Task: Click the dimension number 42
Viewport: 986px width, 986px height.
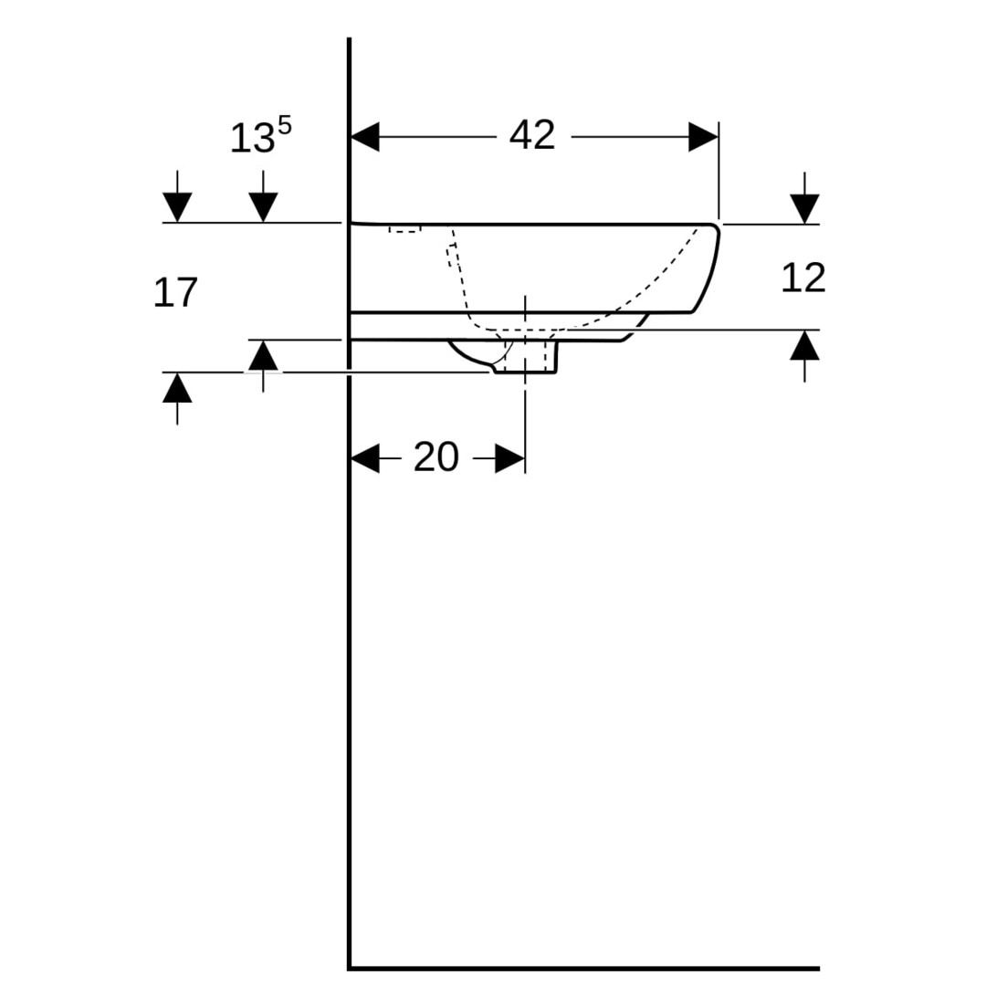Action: click(532, 135)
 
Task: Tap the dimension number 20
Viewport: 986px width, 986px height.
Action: click(435, 457)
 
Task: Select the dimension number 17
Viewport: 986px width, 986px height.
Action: click(175, 292)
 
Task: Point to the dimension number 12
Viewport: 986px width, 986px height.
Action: click(803, 278)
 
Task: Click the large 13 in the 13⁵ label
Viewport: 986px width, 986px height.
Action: click(252, 139)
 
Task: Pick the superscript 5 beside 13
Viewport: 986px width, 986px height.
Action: click(284, 126)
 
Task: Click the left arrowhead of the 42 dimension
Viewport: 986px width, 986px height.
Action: click(364, 137)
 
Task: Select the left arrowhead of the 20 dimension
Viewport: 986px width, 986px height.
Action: click(364, 457)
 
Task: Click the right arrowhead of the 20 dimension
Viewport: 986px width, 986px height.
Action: click(510, 457)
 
